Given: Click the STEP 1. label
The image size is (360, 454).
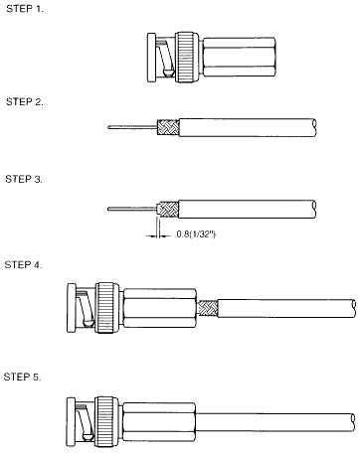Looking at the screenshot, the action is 25,9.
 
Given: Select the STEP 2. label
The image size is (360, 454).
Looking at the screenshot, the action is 25,101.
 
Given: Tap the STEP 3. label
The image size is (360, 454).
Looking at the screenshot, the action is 24,179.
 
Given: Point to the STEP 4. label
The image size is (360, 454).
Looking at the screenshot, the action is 23,265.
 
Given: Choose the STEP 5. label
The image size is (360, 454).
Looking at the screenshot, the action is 23,377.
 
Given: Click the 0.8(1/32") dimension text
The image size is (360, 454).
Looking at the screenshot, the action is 196,234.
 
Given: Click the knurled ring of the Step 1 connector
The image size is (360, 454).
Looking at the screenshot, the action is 188,58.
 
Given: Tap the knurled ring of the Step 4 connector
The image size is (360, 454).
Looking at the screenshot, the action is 108,308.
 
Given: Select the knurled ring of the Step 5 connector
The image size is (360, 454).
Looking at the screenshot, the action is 107,421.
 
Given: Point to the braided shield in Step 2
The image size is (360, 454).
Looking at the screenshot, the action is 168,127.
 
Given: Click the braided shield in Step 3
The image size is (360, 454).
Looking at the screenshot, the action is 168,209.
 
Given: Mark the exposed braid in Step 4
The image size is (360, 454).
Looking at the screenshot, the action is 209,308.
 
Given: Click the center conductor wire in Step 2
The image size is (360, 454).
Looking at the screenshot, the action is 132,126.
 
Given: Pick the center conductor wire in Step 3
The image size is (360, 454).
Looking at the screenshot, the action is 132,209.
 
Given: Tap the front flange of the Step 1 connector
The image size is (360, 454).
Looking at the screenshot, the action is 151,58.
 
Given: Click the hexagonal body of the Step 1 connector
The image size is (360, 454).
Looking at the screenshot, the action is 239,57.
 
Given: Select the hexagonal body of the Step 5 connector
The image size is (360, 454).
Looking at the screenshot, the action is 159,422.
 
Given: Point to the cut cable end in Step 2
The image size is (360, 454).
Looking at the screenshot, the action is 314,127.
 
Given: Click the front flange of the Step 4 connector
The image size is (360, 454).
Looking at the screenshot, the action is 72,308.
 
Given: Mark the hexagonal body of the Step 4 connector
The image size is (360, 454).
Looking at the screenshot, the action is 160,308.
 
